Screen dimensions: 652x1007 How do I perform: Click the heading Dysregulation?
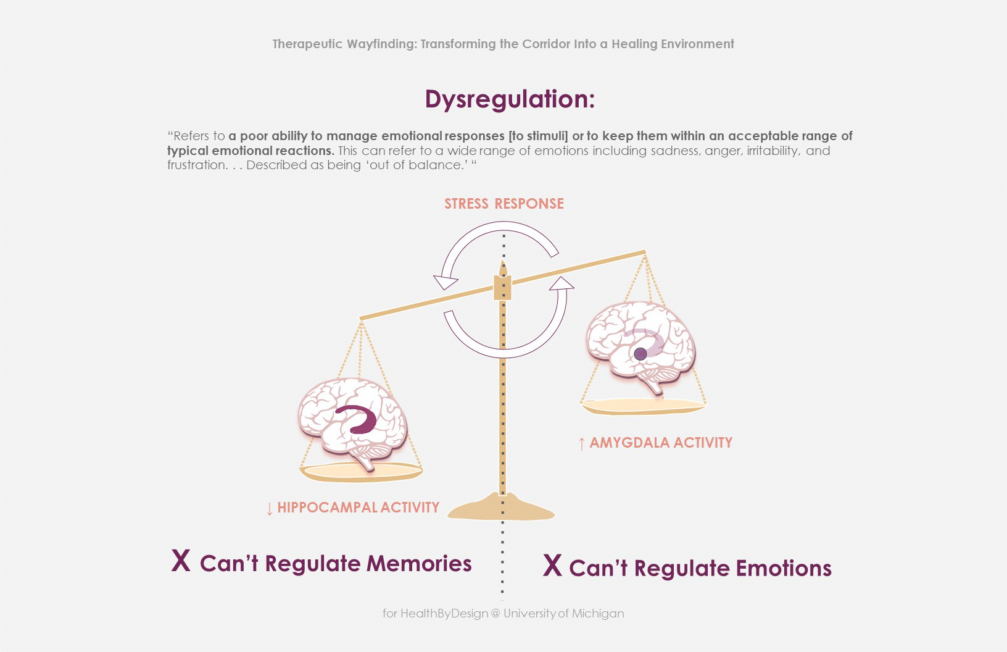(509, 99)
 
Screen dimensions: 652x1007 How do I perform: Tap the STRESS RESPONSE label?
(503, 204)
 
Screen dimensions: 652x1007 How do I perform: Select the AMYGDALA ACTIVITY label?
(660, 443)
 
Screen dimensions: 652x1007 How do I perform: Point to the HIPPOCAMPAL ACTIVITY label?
(358, 508)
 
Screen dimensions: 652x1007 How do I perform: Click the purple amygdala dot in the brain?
(640, 354)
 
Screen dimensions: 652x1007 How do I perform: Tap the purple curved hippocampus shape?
(358, 420)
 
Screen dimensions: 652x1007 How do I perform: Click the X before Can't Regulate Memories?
(181, 561)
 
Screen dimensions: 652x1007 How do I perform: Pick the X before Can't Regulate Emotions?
(552, 566)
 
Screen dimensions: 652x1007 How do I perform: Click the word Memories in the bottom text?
(419, 563)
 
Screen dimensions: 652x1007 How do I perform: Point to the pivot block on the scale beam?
(502, 288)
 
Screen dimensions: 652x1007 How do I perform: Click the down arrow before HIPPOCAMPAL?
(269, 509)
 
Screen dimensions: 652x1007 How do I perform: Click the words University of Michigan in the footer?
(563, 613)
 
